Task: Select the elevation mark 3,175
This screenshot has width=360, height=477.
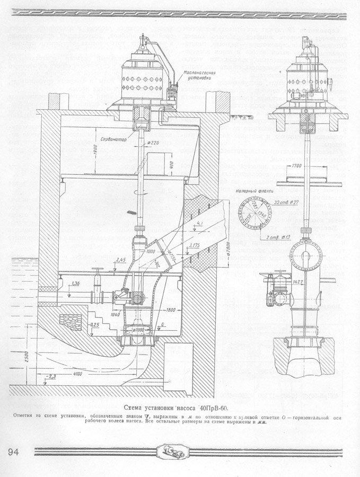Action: click(197, 245)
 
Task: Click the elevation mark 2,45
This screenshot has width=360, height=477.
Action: click(121, 260)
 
